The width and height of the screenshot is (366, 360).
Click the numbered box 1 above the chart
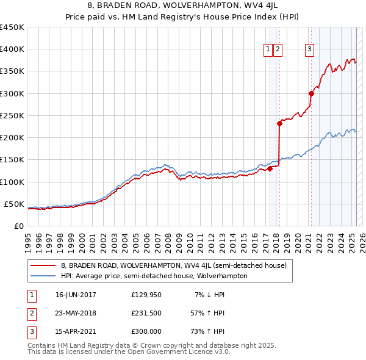coord(268,50)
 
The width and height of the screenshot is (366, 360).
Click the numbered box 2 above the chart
coord(278,50)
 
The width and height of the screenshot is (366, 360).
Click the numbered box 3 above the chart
coord(310,50)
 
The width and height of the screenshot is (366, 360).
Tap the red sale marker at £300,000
coord(311,93)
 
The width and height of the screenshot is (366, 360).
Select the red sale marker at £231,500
coord(279,123)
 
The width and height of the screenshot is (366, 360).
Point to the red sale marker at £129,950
coord(270,168)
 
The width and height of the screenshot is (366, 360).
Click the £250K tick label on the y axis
coord(12,115)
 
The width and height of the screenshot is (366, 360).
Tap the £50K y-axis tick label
coord(14,204)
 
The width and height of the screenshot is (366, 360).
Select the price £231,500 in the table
coord(146,314)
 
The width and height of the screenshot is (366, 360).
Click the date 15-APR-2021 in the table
coord(76,332)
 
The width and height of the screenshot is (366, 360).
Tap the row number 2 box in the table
coord(30,314)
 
